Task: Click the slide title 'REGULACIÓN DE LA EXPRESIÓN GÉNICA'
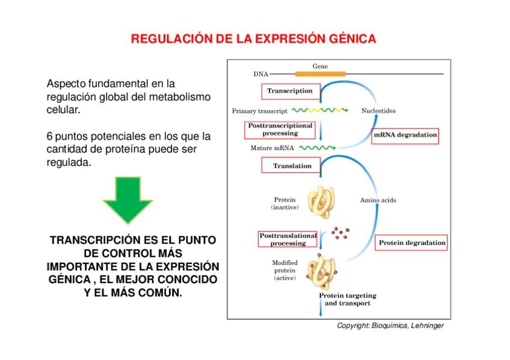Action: point(253,39)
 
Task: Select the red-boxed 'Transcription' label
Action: point(290,91)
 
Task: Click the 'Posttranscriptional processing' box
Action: point(280,129)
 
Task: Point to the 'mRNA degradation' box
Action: point(405,135)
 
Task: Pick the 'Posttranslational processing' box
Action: point(287,239)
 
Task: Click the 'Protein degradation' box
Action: point(412,243)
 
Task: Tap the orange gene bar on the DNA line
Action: point(320,74)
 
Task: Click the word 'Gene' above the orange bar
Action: point(320,66)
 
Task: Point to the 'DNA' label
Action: point(260,75)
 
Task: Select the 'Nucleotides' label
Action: point(378,111)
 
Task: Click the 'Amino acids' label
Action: point(378,200)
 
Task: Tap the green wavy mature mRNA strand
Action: point(317,147)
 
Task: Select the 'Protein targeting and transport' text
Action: point(348,299)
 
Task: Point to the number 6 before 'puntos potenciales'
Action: point(49,136)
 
